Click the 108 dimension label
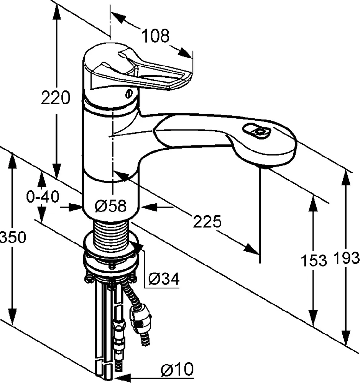point(156,36)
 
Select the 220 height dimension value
point(56,98)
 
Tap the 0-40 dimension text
point(43,197)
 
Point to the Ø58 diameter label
point(110,206)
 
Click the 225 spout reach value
point(207,222)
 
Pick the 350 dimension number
point(13,237)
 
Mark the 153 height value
point(313,260)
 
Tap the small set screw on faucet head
point(129,93)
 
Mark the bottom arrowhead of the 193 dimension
point(347,339)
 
